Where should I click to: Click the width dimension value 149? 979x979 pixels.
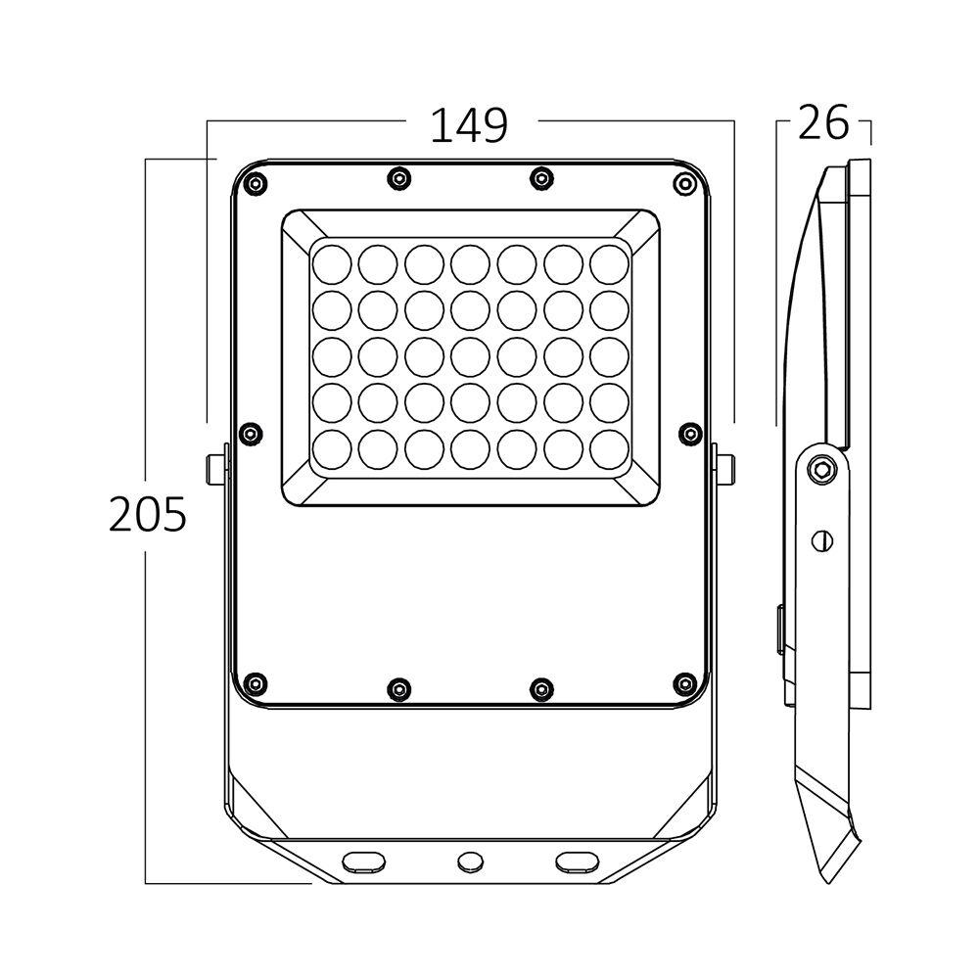click(x=470, y=124)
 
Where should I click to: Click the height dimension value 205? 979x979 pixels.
click(x=147, y=514)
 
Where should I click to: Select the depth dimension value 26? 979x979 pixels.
click(x=822, y=123)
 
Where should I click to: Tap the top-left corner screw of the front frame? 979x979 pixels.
click(x=256, y=183)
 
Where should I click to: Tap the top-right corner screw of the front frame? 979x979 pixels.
click(x=683, y=183)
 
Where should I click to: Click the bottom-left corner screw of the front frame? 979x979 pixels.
click(x=256, y=682)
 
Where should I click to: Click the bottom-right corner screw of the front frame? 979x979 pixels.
click(x=683, y=682)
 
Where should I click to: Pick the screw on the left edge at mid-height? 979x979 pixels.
click(x=251, y=433)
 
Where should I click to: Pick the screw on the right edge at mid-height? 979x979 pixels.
click(x=690, y=433)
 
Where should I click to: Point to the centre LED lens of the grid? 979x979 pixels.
click(x=470, y=354)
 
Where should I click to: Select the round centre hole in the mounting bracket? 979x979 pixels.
click(x=470, y=862)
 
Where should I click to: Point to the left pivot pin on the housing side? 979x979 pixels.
click(x=216, y=468)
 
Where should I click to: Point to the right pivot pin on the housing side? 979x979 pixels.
click(x=724, y=468)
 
